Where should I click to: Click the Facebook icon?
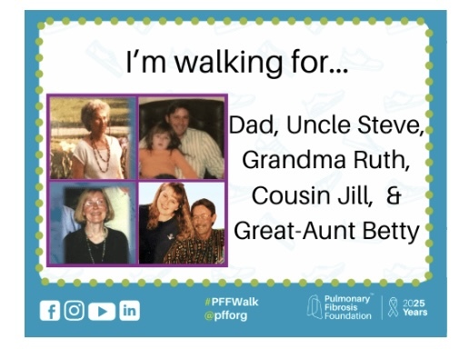(x=50, y=310)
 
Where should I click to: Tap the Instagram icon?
(x=75, y=310)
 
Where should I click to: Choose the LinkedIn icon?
(x=129, y=310)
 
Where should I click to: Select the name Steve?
(x=393, y=126)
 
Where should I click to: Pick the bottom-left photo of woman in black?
(x=92, y=223)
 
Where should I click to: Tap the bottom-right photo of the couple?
(x=181, y=223)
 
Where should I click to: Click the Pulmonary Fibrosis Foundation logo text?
(x=350, y=308)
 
